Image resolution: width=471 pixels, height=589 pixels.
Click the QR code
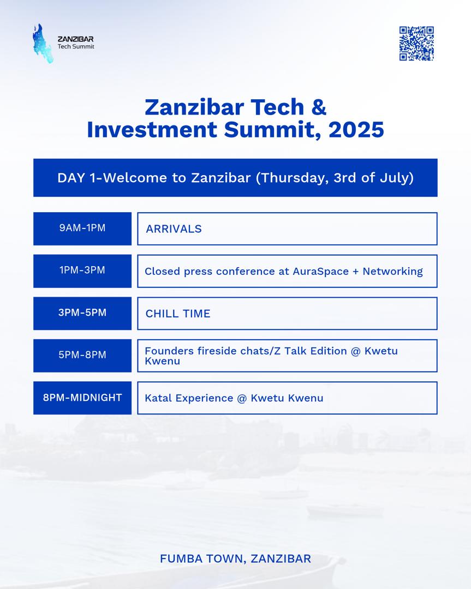(x=416, y=43)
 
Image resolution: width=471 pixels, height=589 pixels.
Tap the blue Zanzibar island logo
(x=42, y=44)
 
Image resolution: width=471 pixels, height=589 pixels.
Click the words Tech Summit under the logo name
(x=76, y=46)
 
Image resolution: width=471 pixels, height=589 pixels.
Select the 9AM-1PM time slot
(x=82, y=229)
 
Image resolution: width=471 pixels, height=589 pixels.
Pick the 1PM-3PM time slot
(x=82, y=271)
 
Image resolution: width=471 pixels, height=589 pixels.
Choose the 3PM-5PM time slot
(x=82, y=313)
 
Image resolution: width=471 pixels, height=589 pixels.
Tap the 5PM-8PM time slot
(x=82, y=356)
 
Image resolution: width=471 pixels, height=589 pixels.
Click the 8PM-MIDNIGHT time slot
(x=82, y=398)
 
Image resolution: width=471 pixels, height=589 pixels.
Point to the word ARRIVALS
(x=174, y=229)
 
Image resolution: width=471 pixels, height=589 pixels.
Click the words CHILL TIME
(x=178, y=314)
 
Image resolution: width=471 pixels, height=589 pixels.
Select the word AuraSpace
(x=321, y=271)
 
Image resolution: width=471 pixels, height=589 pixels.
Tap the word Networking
(x=393, y=271)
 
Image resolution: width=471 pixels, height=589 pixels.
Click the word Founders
(x=169, y=351)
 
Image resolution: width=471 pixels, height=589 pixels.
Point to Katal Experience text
(x=189, y=398)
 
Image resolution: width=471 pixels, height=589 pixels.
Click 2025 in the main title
(x=356, y=130)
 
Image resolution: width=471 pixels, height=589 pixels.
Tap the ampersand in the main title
(x=319, y=107)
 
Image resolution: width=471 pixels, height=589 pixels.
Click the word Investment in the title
(x=152, y=130)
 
